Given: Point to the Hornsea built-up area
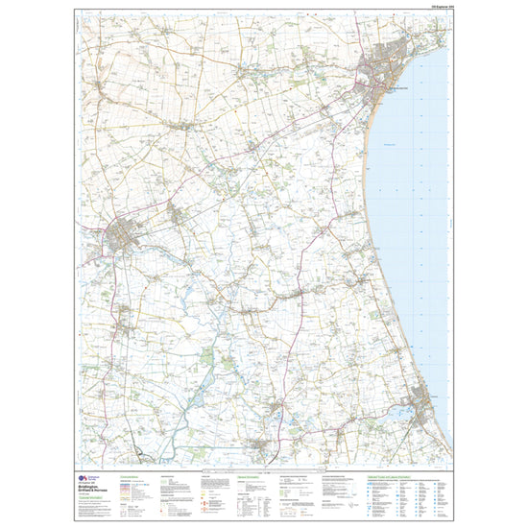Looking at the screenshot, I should tap(420, 396).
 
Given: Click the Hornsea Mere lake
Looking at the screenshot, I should tap(403, 410).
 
